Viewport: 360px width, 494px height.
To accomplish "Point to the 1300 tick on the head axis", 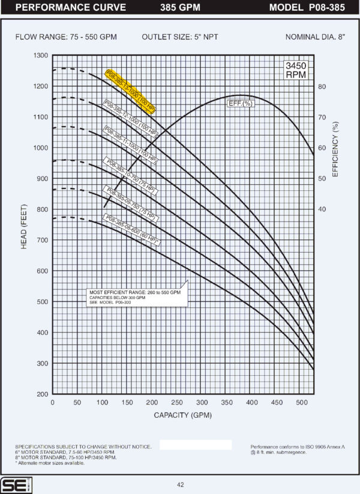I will [40, 55].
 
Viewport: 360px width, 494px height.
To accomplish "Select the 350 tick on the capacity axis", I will [227, 403].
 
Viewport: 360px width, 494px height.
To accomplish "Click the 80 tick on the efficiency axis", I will [322, 86].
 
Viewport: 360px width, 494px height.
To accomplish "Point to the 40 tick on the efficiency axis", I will [322, 209].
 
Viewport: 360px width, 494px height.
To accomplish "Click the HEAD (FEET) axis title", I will [25, 225].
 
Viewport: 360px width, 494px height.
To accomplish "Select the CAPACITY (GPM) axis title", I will [183, 415].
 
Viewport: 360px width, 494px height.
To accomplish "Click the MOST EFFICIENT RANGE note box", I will [137, 297].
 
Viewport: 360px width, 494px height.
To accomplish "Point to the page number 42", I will [181, 485].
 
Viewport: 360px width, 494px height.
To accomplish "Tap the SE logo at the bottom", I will [12, 485].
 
